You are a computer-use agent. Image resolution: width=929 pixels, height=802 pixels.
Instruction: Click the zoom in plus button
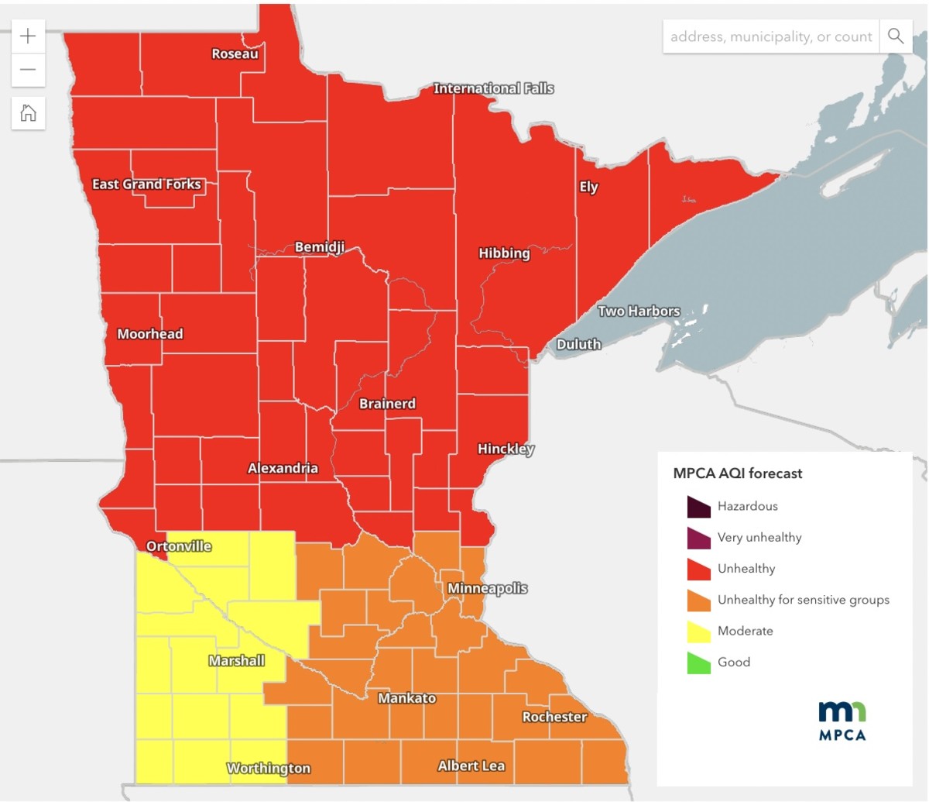point(28,36)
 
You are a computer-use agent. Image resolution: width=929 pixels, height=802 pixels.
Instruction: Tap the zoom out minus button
point(28,70)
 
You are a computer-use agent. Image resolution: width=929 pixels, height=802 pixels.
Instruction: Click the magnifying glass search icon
point(896,36)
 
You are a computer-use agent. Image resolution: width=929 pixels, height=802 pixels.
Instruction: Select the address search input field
point(770,36)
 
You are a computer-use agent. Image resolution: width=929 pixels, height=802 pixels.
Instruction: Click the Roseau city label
point(235,54)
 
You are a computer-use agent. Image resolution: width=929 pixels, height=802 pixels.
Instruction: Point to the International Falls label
point(493,88)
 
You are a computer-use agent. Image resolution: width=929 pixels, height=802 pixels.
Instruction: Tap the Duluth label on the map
point(578,344)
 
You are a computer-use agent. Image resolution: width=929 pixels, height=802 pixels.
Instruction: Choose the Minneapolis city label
point(487,588)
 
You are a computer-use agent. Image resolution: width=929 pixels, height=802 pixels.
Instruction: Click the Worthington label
point(268,768)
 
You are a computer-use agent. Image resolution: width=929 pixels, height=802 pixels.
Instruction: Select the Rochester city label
point(554,717)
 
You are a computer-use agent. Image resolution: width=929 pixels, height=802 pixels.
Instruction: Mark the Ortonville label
point(179,546)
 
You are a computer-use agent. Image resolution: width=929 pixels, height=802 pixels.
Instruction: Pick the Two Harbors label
point(639,311)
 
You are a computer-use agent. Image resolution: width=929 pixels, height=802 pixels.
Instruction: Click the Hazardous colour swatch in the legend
point(698,507)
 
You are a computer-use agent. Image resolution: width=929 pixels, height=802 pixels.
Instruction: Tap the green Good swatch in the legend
point(698,663)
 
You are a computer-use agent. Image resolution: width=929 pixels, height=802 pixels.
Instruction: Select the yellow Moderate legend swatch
point(698,632)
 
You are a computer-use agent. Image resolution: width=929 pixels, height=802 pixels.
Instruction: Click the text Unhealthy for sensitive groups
point(803,600)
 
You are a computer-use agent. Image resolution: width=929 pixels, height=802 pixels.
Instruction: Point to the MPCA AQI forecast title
point(737,473)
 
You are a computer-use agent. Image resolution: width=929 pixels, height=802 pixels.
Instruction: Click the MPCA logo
point(842,721)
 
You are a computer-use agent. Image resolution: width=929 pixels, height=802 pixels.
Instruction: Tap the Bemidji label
point(319,247)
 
